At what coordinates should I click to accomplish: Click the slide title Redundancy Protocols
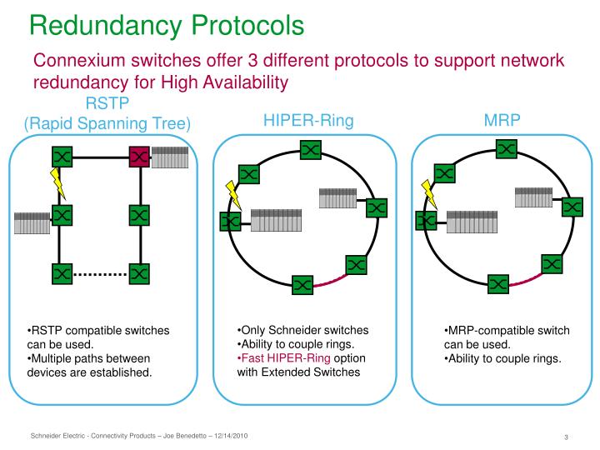167,25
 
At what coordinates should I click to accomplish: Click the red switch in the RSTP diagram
139,157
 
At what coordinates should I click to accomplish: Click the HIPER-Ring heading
308,121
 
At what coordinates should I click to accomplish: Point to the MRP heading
502,121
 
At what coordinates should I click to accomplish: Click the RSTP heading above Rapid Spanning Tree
107,104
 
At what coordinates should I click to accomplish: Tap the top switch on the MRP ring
506,149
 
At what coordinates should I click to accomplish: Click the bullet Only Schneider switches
305,330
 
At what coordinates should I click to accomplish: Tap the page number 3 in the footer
566,438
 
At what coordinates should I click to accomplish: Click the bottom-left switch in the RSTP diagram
61,272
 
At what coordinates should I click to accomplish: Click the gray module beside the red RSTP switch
170,156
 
